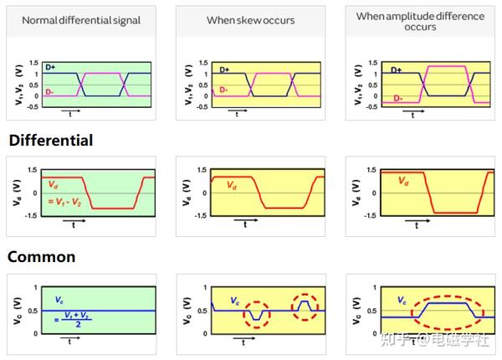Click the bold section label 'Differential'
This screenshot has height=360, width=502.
point(51,141)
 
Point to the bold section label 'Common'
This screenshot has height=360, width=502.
point(42,256)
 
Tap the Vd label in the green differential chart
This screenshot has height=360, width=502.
point(55,185)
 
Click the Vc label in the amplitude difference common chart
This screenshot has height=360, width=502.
point(401,300)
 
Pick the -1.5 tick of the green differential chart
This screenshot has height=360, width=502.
point(30,215)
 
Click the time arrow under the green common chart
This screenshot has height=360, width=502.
point(72,342)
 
